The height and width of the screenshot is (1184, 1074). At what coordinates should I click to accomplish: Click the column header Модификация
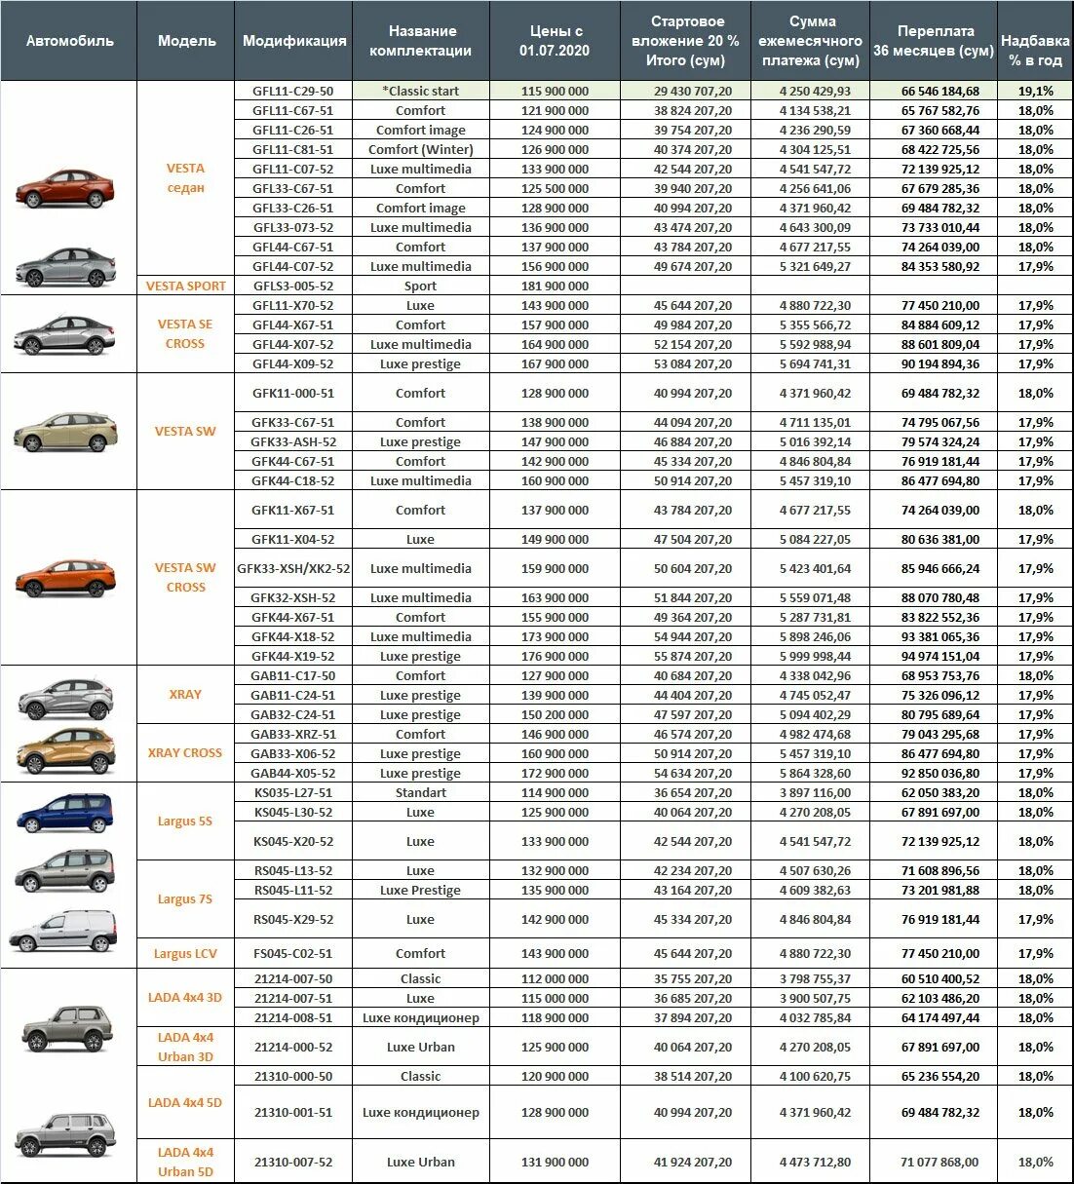pyautogui.click(x=293, y=41)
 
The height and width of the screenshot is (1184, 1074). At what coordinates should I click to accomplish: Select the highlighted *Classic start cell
pyautogui.click(x=420, y=91)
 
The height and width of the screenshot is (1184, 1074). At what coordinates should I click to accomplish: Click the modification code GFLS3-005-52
pyautogui.click(x=292, y=286)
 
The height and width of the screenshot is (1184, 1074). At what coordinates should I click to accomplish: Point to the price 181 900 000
pyautogui.click(x=555, y=286)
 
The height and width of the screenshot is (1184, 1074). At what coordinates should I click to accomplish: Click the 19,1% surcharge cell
pyautogui.click(x=1035, y=91)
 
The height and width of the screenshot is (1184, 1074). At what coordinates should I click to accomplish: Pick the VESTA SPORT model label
pyautogui.click(x=185, y=286)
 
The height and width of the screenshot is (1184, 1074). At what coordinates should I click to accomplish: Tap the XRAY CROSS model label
pyautogui.click(x=185, y=753)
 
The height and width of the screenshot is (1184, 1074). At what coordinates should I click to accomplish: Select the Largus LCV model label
pyautogui.click(x=185, y=953)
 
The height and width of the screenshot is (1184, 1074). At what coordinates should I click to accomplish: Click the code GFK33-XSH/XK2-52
pyautogui.click(x=293, y=568)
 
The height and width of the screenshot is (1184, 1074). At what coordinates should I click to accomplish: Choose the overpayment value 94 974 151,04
pyautogui.click(x=940, y=656)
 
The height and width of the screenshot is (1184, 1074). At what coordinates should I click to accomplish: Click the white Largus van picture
pyautogui.click(x=63, y=930)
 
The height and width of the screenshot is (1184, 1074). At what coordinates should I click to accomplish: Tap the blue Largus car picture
pyautogui.click(x=65, y=813)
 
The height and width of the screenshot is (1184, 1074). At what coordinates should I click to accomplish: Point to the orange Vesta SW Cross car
pyautogui.click(x=65, y=578)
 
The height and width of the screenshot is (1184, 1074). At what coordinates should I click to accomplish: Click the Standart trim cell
pyautogui.click(x=420, y=792)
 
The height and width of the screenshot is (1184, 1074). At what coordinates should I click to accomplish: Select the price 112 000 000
pyautogui.click(x=555, y=978)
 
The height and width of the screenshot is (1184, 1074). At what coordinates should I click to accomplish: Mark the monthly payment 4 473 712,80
pyautogui.click(x=815, y=1162)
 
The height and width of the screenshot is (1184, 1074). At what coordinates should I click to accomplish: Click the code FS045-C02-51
pyautogui.click(x=292, y=953)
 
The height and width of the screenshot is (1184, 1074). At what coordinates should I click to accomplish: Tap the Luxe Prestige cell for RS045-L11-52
pyautogui.click(x=420, y=890)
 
